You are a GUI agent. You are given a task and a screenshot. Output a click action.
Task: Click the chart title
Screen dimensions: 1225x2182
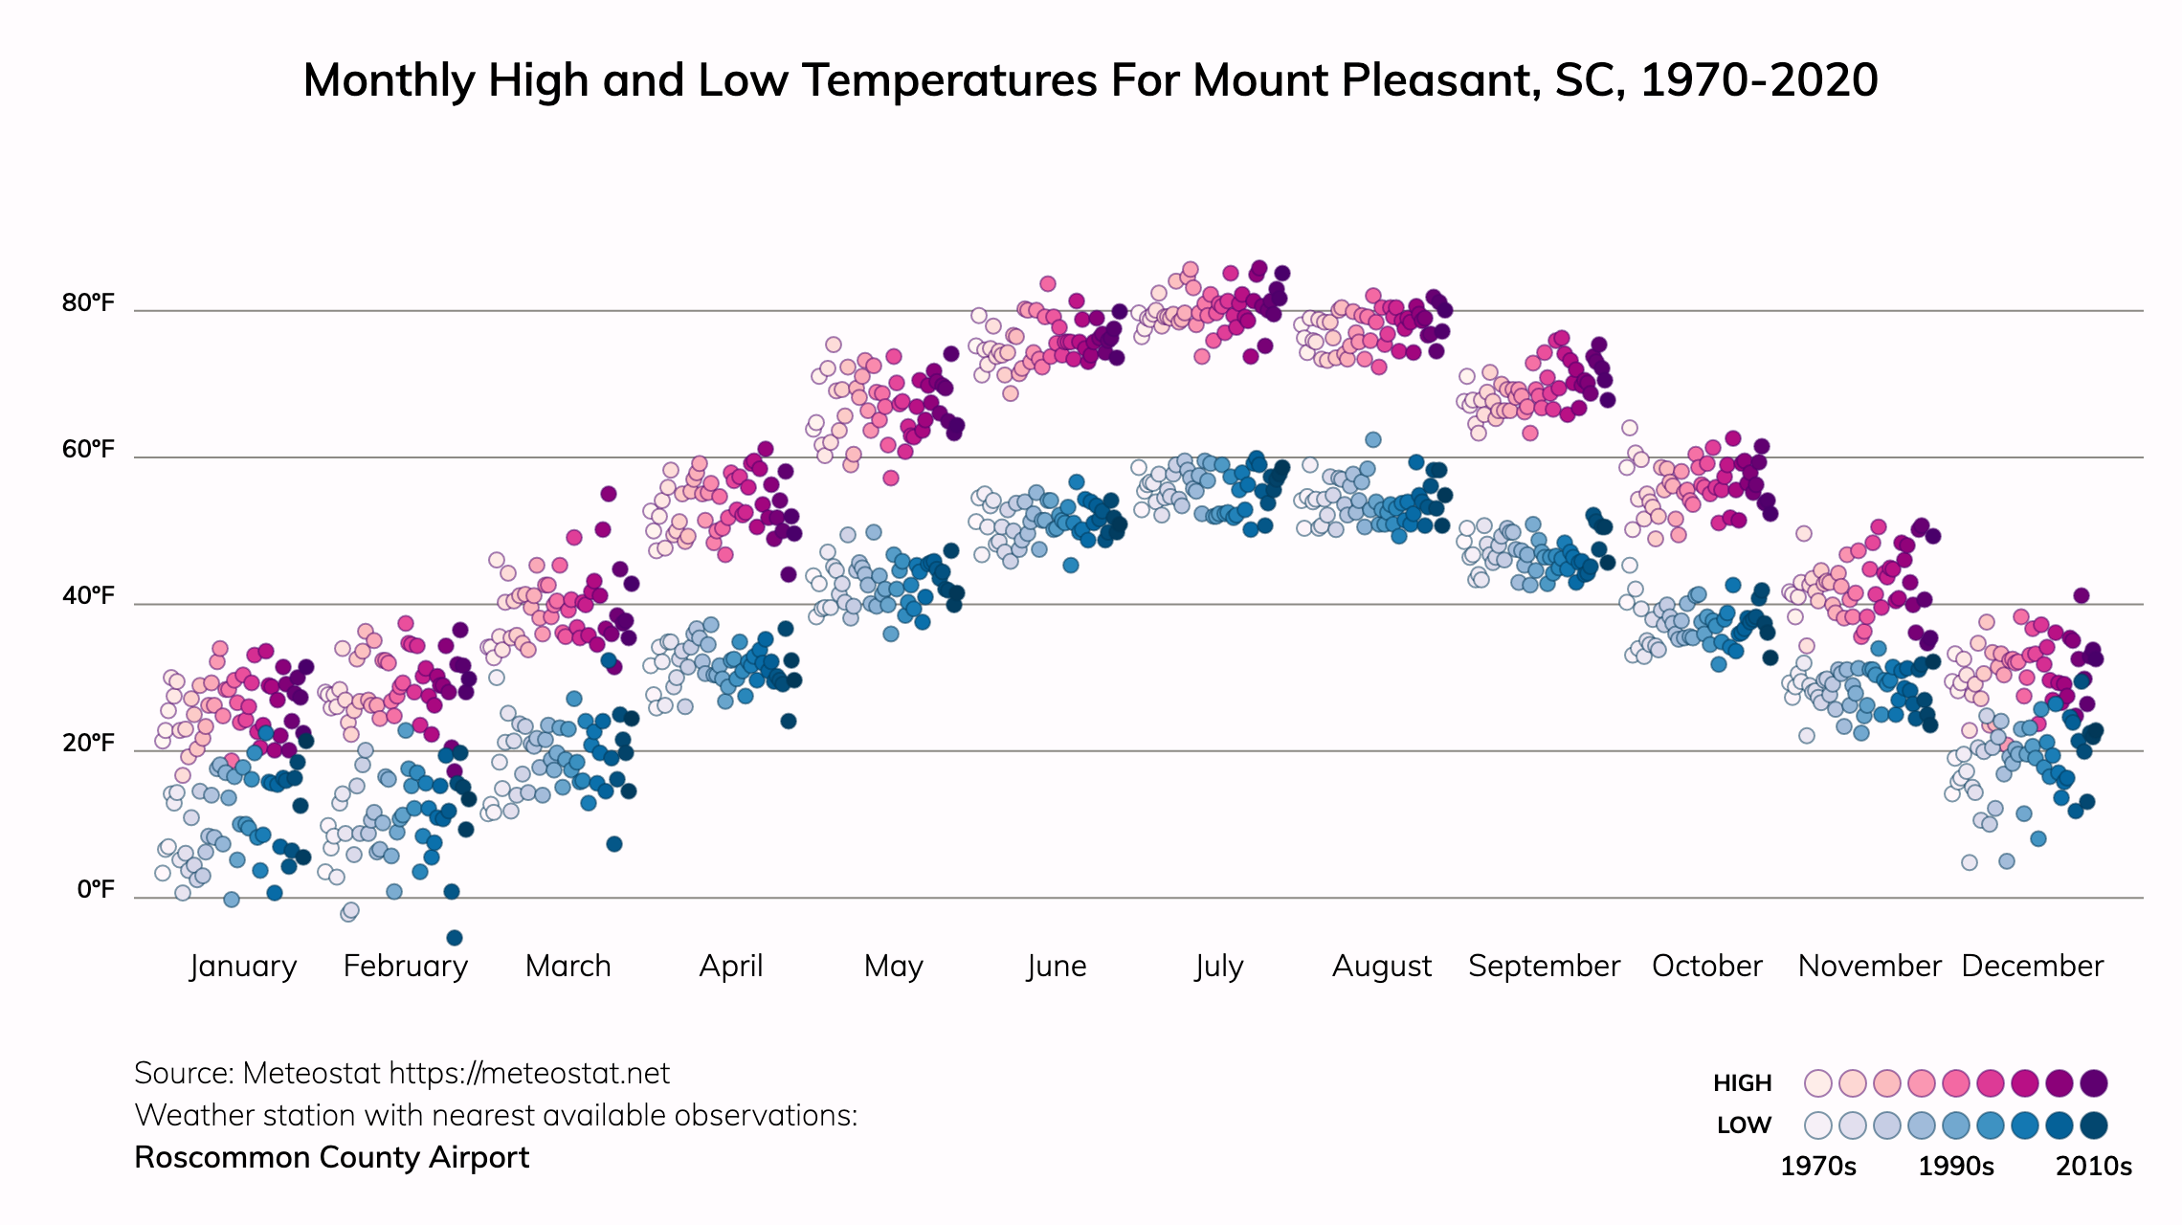[1090, 80]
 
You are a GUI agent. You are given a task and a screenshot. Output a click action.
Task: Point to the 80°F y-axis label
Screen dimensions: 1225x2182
[88, 303]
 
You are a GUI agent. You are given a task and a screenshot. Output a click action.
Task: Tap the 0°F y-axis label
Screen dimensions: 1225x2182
[95, 890]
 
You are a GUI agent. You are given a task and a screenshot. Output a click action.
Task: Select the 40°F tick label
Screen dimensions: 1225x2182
[88, 596]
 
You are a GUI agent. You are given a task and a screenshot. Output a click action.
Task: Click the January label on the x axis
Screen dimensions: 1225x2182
[243, 966]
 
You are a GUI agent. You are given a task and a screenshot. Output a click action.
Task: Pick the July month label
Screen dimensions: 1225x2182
[1218, 966]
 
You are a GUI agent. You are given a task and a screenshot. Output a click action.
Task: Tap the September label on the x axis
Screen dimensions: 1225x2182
[1544, 966]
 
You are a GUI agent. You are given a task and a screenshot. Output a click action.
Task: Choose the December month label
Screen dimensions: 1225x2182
[2032, 966]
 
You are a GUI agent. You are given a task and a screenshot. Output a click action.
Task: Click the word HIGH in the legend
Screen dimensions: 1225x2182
[1742, 1083]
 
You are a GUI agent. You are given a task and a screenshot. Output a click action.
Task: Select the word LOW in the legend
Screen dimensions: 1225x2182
[1744, 1125]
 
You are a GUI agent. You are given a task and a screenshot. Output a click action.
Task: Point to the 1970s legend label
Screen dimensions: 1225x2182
[1817, 1167]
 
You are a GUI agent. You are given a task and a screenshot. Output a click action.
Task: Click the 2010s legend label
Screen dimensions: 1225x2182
[2094, 1167]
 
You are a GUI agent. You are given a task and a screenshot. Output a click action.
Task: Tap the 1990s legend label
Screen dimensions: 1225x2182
[1956, 1167]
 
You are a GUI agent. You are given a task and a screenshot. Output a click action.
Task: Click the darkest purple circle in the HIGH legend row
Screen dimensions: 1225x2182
[2094, 1083]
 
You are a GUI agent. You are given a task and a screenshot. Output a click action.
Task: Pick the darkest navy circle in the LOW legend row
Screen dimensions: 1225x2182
[2094, 1125]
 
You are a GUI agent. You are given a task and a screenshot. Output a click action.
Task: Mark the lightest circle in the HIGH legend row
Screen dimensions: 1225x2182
[1817, 1083]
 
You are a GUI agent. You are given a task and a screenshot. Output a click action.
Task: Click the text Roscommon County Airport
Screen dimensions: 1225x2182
[331, 1158]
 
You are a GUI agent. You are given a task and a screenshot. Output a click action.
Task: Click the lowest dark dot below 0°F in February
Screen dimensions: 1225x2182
[455, 938]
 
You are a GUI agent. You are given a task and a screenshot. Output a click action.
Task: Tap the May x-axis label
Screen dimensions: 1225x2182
[893, 966]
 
